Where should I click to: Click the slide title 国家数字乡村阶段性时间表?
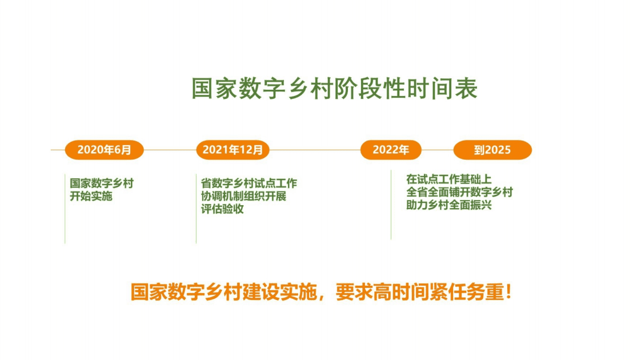click(x=334, y=89)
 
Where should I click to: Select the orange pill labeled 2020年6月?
click(x=104, y=150)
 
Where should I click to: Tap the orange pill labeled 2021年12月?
click(x=233, y=150)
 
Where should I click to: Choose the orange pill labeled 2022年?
click(x=391, y=150)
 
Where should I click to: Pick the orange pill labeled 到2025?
click(x=492, y=150)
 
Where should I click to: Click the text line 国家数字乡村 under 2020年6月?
click(x=102, y=183)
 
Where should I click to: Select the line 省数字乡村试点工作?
click(x=249, y=183)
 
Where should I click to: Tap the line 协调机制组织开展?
click(x=243, y=196)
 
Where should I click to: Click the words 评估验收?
click(x=222, y=209)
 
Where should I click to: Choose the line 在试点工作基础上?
click(x=448, y=179)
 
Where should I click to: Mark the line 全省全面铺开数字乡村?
click(x=459, y=192)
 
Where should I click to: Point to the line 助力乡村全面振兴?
click(x=448, y=205)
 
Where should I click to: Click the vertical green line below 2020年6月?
click(x=65, y=223)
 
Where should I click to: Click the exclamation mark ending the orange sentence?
click(x=508, y=293)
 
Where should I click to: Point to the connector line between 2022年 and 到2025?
click(x=437, y=150)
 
